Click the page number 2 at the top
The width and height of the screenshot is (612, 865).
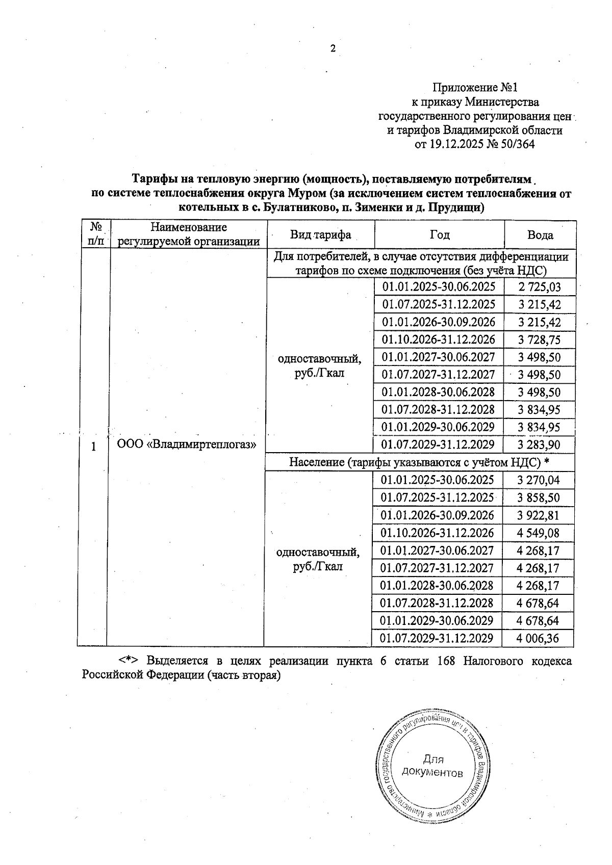333,49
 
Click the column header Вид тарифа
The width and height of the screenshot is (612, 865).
320,235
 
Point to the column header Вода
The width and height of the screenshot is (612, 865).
540,235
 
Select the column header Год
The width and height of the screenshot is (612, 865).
439,234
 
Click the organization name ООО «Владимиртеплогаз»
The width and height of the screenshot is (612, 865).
186,444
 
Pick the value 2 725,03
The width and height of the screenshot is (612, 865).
540,287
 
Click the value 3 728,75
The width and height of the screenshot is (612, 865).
540,339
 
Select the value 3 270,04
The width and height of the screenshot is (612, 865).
538,480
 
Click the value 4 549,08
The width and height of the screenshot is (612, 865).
538,533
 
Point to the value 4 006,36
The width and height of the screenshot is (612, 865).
538,638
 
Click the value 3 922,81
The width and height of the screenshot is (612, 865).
538,515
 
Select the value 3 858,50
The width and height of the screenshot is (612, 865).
538,497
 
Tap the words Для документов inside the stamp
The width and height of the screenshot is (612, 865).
432,766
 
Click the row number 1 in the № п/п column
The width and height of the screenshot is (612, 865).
93,447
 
